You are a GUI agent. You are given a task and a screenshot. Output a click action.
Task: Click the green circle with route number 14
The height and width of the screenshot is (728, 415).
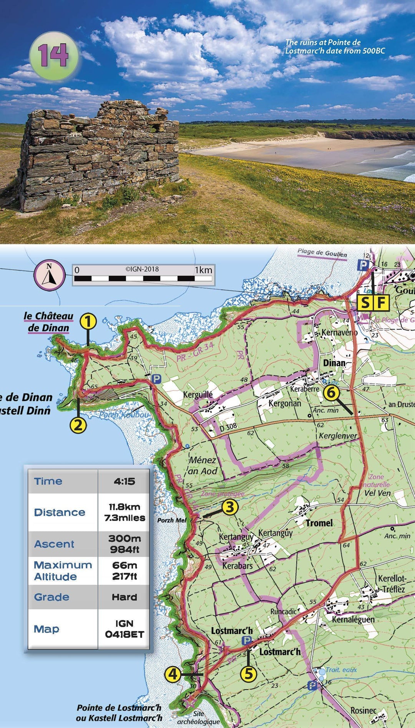pyautogui.click(x=54, y=56)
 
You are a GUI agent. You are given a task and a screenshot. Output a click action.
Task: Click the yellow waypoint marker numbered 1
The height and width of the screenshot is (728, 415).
pyautogui.click(x=88, y=322)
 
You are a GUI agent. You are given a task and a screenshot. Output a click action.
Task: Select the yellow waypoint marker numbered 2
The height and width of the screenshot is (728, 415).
pyautogui.click(x=78, y=425)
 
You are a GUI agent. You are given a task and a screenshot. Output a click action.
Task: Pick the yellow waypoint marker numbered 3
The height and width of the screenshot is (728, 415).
pyautogui.click(x=230, y=507)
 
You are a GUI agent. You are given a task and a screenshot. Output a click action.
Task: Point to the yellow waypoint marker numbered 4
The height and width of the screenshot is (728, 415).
pyautogui.click(x=173, y=673)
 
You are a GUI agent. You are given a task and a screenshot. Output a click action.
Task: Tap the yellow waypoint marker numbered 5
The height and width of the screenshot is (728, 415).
pyautogui.click(x=249, y=673)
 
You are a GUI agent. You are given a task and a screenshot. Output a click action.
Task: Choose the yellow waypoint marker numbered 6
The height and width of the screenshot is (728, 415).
pyautogui.click(x=332, y=393)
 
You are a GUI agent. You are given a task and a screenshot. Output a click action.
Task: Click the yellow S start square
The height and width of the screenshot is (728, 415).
pyautogui.click(x=365, y=303)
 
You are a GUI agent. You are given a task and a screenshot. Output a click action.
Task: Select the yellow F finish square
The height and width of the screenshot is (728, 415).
pyautogui.click(x=381, y=303)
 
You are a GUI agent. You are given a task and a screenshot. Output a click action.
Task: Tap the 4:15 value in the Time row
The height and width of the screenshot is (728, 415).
pyautogui.click(x=124, y=481)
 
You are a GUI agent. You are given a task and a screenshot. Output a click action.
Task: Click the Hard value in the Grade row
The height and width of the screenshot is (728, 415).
pyautogui.click(x=124, y=597)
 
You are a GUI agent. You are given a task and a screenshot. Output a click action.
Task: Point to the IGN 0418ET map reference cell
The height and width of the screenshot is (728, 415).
pyautogui.click(x=124, y=629)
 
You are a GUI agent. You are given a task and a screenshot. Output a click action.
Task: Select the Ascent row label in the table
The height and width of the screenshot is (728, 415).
pyautogui.click(x=54, y=544)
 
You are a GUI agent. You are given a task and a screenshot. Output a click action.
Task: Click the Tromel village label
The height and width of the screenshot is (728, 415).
pyautogui.click(x=319, y=523)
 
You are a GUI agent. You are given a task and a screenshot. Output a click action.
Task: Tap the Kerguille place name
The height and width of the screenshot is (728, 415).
pyautogui.click(x=198, y=395)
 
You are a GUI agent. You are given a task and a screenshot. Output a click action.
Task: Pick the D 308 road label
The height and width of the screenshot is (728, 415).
pyautogui.click(x=228, y=426)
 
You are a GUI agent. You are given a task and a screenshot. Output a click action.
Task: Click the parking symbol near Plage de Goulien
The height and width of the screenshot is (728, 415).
pyautogui.click(x=363, y=265)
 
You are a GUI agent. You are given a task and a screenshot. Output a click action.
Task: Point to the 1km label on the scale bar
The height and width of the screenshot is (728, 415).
pyautogui.click(x=203, y=270)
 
